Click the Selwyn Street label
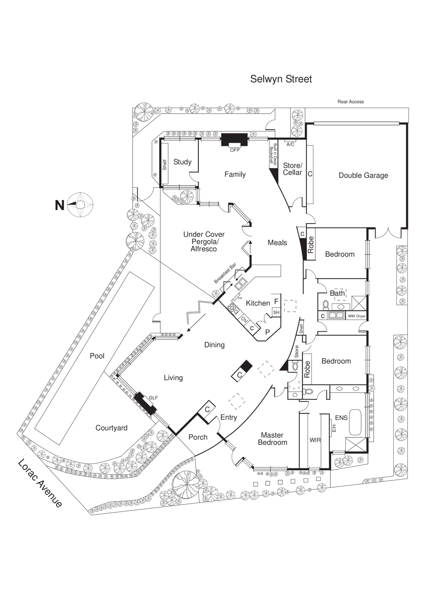click(x=281, y=79)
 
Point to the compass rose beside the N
click(x=80, y=205)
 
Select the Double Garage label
click(x=363, y=175)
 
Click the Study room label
click(x=182, y=162)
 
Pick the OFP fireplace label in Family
click(x=235, y=150)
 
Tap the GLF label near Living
click(x=153, y=398)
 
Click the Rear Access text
click(x=351, y=102)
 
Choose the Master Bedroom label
click(x=272, y=439)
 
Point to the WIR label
click(x=315, y=440)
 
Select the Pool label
click(x=97, y=356)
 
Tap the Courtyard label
click(x=111, y=428)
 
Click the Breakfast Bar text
click(x=225, y=273)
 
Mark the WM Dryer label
click(x=357, y=316)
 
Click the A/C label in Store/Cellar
click(x=290, y=144)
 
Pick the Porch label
click(x=198, y=437)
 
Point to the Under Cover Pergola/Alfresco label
click(x=204, y=242)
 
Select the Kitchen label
click(x=258, y=303)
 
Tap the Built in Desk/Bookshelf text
click(x=273, y=154)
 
